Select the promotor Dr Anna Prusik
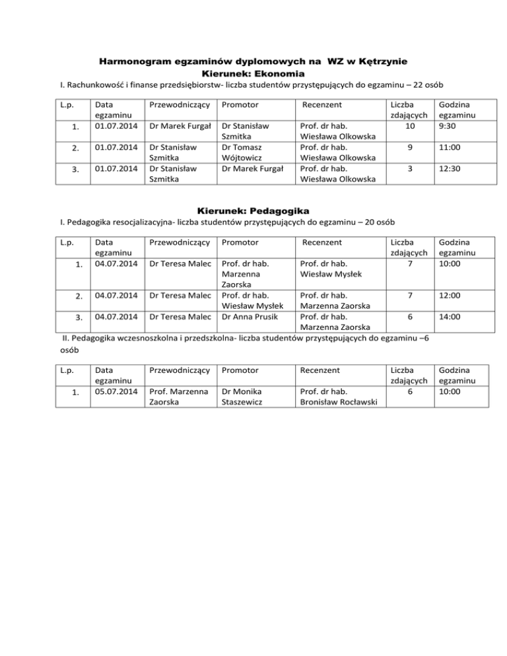pyautogui.click(x=249, y=317)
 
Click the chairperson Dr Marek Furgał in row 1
pyautogui.click(x=180, y=125)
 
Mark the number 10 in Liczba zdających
pyautogui.click(x=411, y=125)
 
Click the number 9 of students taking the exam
pyautogui.click(x=411, y=149)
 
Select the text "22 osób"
pyautogui.click(x=422, y=85)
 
